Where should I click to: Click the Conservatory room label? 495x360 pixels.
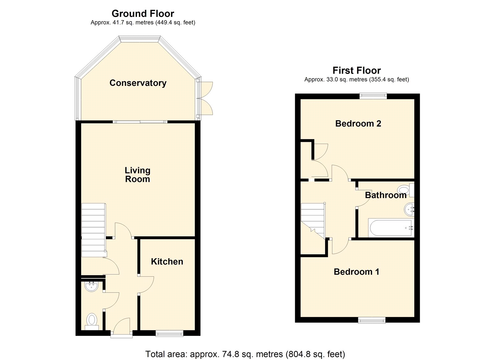(x=138, y=83)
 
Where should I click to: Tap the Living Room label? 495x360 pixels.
(x=137, y=175)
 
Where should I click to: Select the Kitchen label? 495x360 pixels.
(x=167, y=262)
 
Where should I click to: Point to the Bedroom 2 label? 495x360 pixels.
(x=358, y=124)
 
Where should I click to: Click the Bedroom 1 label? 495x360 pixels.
(x=356, y=271)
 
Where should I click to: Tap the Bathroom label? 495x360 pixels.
(x=385, y=195)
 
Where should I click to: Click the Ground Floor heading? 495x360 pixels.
(x=143, y=14)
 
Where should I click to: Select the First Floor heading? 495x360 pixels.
(x=357, y=71)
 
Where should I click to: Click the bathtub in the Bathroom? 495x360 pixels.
(x=391, y=228)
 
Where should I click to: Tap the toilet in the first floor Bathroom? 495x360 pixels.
(x=406, y=190)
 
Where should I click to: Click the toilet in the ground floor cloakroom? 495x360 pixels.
(x=92, y=322)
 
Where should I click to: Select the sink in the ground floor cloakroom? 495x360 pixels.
(x=92, y=286)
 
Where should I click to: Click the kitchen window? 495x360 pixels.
(x=169, y=333)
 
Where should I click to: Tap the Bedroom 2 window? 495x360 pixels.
(x=373, y=96)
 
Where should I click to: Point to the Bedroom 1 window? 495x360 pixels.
(x=372, y=320)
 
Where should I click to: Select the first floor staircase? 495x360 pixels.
(x=313, y=221)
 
